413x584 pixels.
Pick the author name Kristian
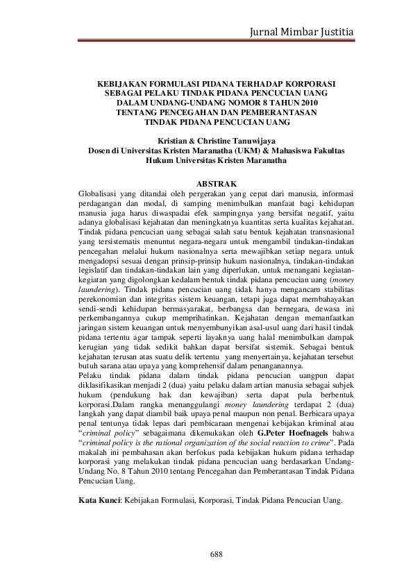(x=174, y=139)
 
